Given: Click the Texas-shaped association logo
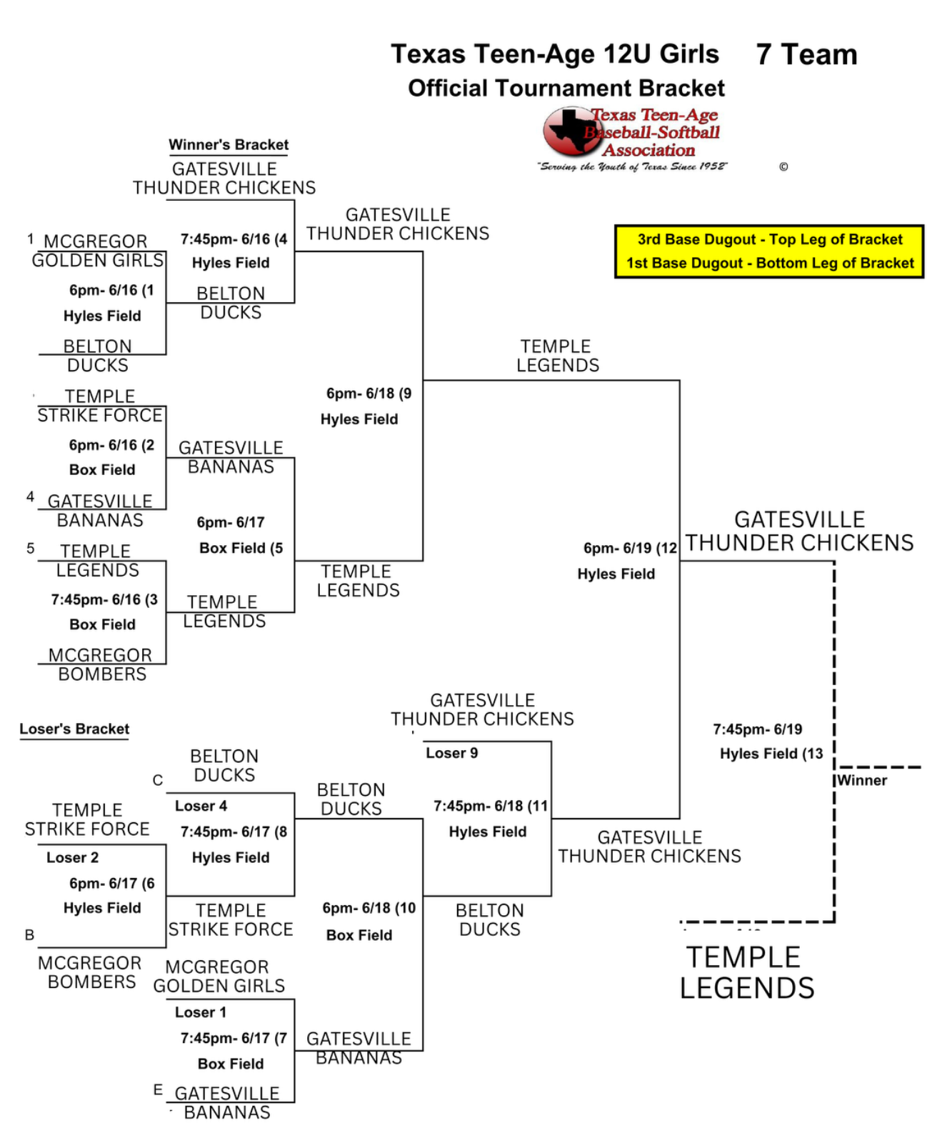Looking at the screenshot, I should coord(571,131).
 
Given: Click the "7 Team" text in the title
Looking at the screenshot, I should coord(806,55).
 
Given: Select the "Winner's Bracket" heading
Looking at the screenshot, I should coord(229,145).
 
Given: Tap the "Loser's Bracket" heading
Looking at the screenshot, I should coord(74,729).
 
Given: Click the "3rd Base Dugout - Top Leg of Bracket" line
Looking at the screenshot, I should coord(769,239).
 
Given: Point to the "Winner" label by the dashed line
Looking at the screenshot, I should coord(862,781).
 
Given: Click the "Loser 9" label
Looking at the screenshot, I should coord(452,753).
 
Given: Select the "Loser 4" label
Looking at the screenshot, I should coord(201,806).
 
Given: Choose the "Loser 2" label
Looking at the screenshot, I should coord(73,857).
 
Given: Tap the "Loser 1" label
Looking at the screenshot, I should coord(201,1012).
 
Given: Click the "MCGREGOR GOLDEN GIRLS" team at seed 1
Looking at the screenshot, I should coord(97,251).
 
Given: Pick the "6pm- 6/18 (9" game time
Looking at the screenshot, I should coord(369,394).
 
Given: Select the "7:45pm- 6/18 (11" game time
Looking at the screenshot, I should coord(491,806).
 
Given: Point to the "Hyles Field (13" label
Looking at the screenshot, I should coord(771,754).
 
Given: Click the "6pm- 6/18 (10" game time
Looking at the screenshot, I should coord(369,908).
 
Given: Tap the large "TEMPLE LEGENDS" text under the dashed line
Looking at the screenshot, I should coord(747,972).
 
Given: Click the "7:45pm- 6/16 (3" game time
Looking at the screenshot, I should coord(104,599).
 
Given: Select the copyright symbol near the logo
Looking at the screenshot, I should coord(783,167).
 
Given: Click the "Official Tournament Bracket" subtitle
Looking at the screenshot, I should coord(566,89).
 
